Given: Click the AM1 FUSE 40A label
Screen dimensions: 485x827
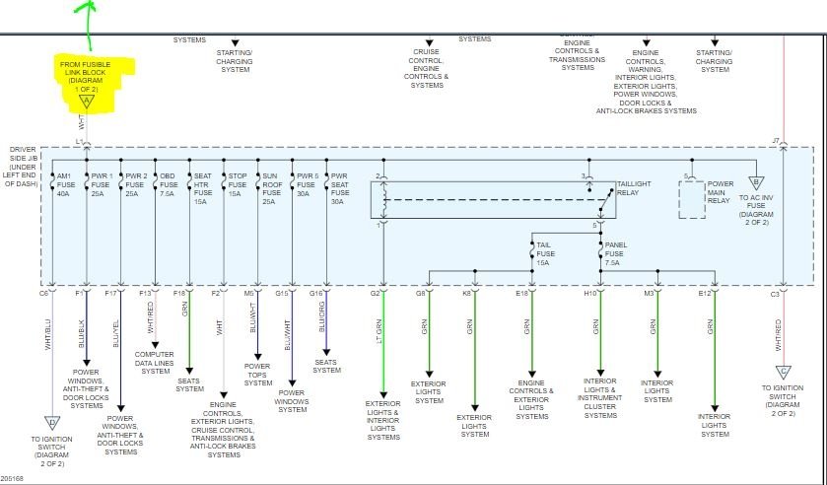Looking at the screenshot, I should (64, 183).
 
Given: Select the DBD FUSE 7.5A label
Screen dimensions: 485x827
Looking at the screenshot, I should (168, 183).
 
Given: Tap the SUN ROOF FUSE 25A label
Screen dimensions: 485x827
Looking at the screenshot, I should (269, 187).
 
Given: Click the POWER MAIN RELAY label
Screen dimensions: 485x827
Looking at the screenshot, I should (721, 191).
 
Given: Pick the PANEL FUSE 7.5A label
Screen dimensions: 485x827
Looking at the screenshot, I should (616, 253).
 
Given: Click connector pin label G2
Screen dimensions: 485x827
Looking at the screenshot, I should (376, 293).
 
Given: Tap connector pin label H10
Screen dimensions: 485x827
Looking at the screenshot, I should (590, 293).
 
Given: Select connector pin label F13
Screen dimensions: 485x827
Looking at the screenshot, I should (146, 293).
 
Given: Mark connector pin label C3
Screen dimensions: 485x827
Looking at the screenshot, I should (775, 293).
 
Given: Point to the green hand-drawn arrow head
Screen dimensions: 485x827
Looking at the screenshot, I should (87, 6).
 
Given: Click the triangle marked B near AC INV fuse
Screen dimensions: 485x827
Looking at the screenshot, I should (754, 182).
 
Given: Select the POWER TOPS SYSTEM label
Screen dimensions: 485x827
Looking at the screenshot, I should (258, 374).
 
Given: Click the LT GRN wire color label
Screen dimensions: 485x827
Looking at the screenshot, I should (379, 329).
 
